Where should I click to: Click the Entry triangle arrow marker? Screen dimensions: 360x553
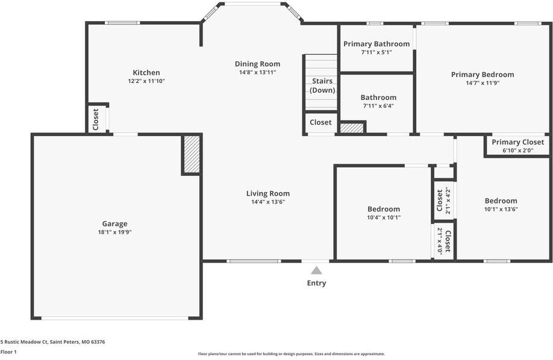pyautogui.click(x=316, y=271)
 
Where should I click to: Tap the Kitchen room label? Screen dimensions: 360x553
pyautogui.click(x=146, y=73)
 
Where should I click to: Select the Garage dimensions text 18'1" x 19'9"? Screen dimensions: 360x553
pyautogui.click(x=114, y=232)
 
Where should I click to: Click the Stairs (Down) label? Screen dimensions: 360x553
pyautogui.click(x=322, y=85)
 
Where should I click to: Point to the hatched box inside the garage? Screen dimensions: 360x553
pyautogui.click(x=191, y=155)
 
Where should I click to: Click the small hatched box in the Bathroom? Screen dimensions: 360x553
pyautogui.click(x=352, y=128)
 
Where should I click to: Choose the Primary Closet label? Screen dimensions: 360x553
pyautogui.click(x=517, y=142)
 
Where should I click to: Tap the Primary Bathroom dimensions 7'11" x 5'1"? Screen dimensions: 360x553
pyautogui.click(x=376, y=52)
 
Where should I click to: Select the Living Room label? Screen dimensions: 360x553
pyautogui.click(x=268, y=193)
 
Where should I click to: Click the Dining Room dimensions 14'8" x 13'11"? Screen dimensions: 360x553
pyautogui.click(x=257, y=72)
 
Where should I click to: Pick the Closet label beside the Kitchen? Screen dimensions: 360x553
pyautogui.click(x=96, y=119)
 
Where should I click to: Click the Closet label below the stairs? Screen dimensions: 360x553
pyautogui.click(x=320, y=122)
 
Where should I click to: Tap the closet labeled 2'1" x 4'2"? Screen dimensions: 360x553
pyautogui.click(x=443, y=201)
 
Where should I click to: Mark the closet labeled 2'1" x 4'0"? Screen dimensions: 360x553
pyautogui.click(x=443, y=240)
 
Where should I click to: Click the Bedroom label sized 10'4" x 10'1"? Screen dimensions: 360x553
pyautogui.click(x=384, y=209)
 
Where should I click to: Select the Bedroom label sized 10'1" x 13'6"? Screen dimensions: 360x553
pyautogui.click(x=501, y=201)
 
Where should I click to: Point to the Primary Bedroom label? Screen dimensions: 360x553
pyautogui.click(x=483, y=75)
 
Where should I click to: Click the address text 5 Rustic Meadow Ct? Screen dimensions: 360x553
pyautogui.click(x=52, y=342)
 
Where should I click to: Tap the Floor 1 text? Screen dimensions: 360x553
pyautogui.click(x=8, y=352)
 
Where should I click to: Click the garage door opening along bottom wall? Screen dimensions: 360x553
pyautogui.click(x=114, y=318)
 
